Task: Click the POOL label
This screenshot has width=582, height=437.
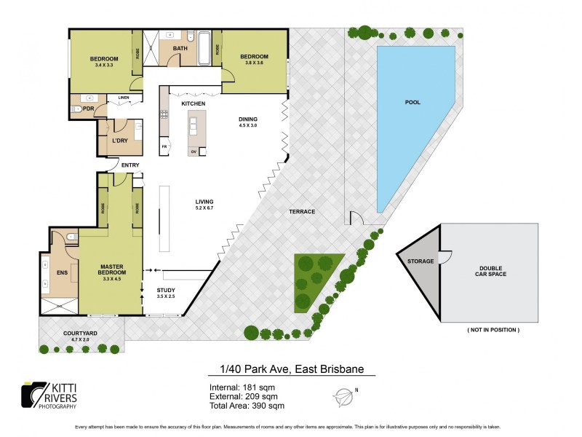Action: [x=412, y=103]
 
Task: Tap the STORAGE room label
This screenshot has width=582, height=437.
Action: [x=420, y=261]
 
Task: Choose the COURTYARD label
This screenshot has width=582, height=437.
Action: [x=80, y=333]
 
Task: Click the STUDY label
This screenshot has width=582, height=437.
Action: [x=166, y=291]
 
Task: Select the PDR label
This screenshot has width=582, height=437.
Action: [x=89, y=109]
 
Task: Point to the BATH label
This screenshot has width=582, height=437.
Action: [x=180, y=49]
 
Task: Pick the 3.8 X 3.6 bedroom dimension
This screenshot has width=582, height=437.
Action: [x=255, y=63]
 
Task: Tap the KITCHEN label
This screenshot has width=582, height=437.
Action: [x=194, y=104]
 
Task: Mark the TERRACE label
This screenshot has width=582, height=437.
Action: [x=301, y=212]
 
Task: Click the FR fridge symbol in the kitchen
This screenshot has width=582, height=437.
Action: [x=164, y=146]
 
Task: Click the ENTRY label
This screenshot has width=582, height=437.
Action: [x=130, y=165]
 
